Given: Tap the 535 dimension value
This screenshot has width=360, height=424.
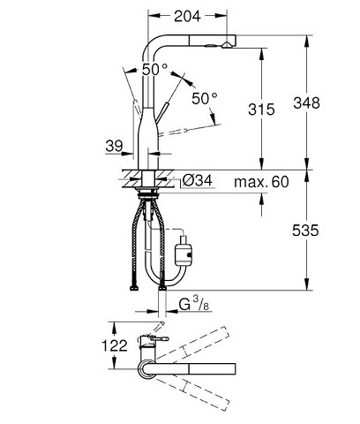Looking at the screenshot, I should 332,231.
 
